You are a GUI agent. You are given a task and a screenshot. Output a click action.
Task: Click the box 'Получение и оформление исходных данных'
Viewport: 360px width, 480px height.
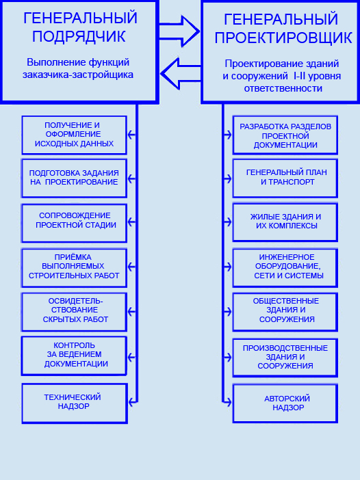[74, 135]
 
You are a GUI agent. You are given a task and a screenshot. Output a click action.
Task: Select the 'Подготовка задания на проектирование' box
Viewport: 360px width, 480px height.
[74, 178]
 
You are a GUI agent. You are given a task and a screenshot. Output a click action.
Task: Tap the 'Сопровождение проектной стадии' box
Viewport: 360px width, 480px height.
[74, 223]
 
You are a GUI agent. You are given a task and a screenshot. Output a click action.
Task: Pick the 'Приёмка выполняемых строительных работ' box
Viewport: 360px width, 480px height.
[74, 268]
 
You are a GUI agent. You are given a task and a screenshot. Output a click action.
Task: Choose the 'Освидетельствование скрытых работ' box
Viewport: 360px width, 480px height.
[74, 312]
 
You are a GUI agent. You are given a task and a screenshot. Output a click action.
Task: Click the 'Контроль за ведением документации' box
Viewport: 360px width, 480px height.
[74, 356]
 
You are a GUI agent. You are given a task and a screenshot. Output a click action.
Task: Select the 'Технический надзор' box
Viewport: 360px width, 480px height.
[75, 403]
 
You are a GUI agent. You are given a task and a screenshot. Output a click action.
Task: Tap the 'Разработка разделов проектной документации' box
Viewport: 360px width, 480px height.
[285, 135]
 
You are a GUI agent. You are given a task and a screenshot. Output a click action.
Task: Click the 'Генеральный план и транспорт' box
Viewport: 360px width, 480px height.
[285, 178]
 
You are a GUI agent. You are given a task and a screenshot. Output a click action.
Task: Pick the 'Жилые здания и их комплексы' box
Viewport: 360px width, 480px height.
[285, 222]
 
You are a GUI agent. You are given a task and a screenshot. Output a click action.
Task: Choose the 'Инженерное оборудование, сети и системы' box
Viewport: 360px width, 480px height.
[285, 268]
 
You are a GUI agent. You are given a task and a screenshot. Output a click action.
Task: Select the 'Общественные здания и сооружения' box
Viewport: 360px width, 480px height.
[285, 312]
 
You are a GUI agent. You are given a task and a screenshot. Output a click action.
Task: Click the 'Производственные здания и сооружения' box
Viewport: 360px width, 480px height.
[285, 358]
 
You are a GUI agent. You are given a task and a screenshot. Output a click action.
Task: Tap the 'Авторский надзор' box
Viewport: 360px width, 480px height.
[285, 403]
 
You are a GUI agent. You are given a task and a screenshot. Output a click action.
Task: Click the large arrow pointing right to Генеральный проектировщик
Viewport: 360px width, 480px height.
[179, 31]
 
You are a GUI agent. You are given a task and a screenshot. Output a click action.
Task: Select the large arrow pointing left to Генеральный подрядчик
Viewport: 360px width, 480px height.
[181, 73]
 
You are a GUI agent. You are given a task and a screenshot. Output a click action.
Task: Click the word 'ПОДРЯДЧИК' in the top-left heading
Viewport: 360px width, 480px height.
[79, 36]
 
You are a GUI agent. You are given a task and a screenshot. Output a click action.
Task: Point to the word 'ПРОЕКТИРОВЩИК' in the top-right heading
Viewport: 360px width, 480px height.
[283, 38]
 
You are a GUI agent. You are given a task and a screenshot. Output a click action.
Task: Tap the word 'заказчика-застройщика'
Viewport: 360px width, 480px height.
[78, 75]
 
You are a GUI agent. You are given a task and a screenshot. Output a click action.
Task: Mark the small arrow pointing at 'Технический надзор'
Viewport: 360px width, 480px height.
[132, 402]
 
